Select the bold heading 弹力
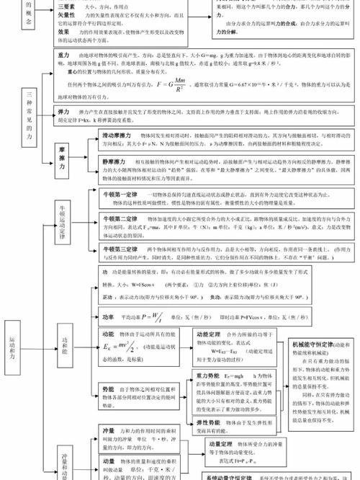[x=66, y=114]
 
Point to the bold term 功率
[x=108, y=317]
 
